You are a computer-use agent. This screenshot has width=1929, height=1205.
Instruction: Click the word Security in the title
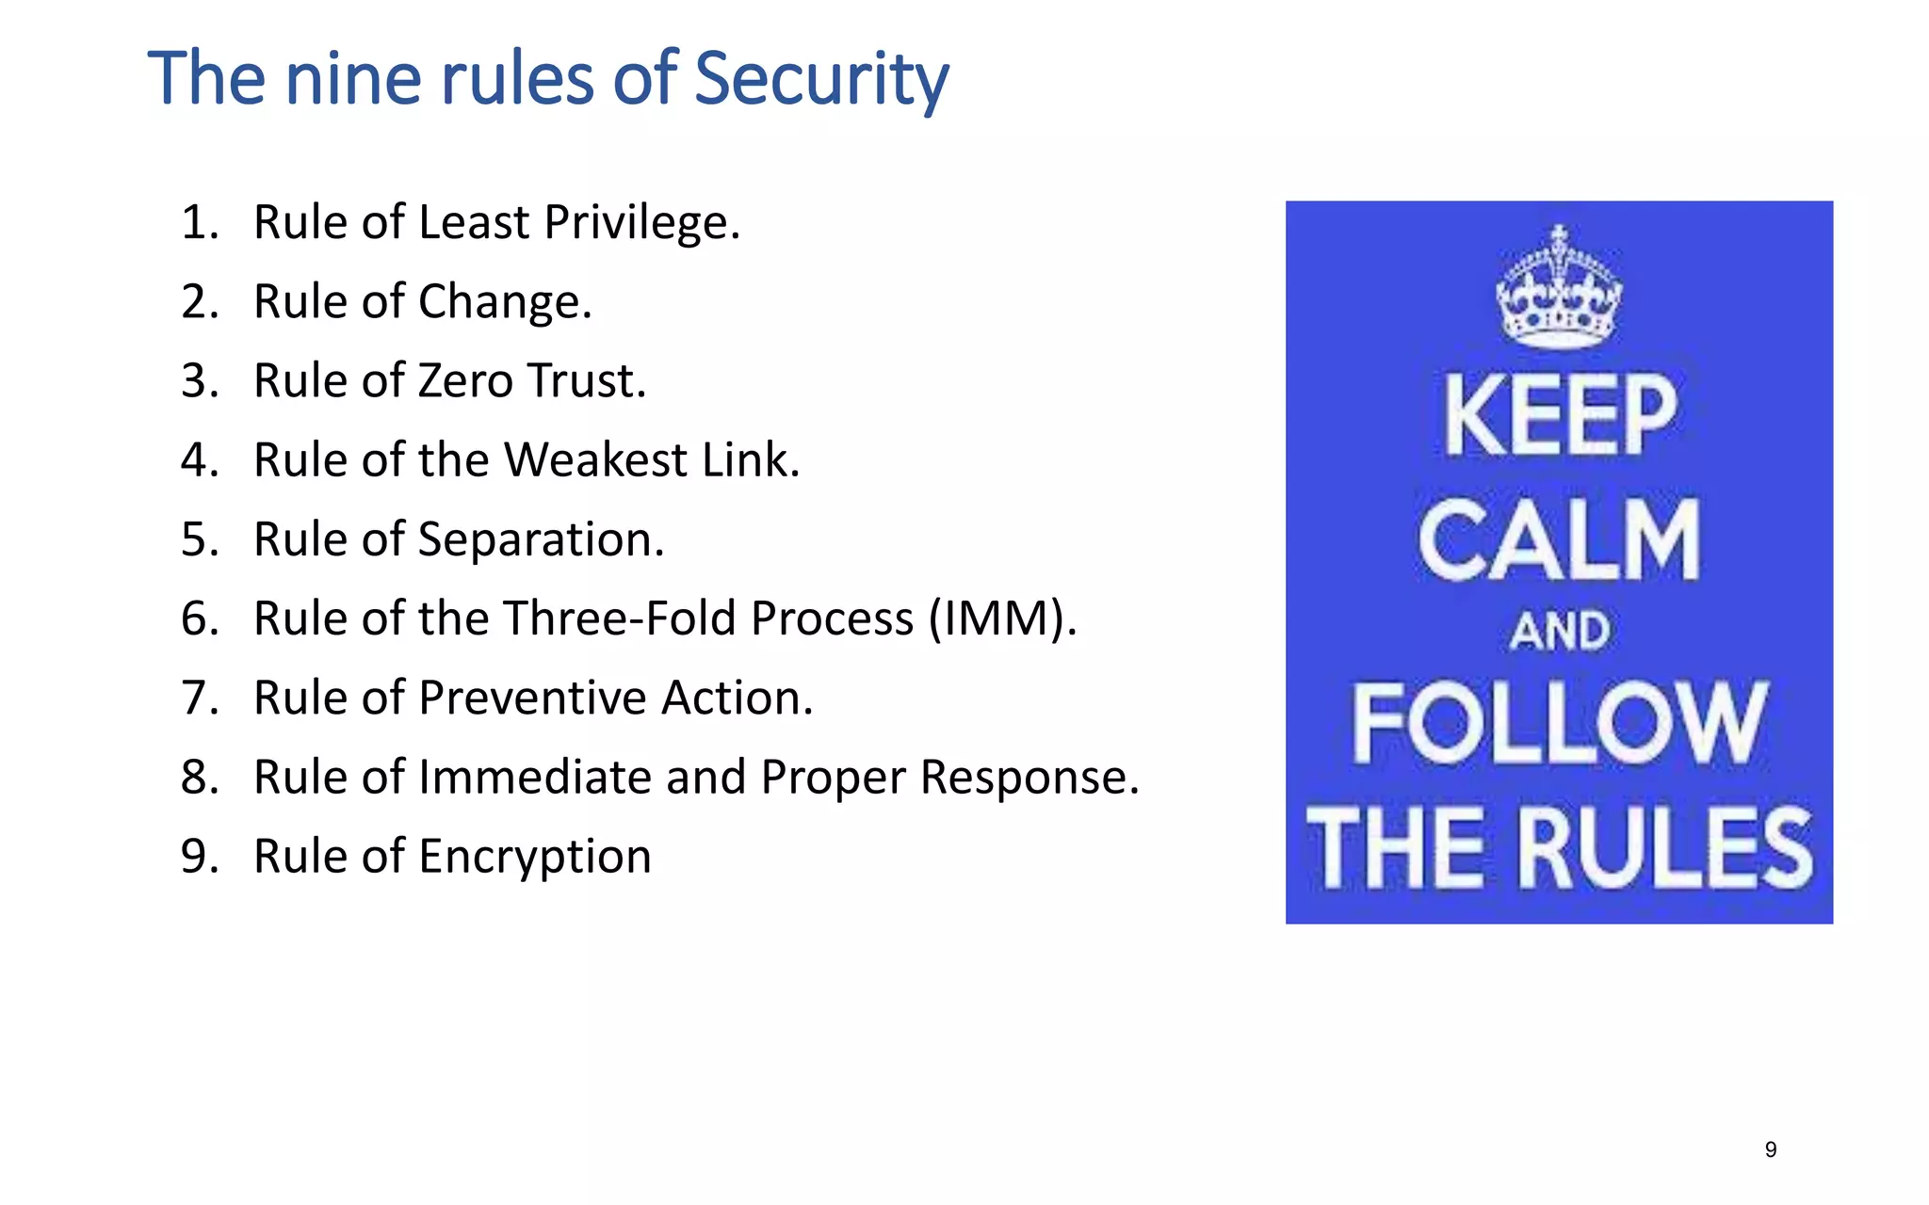tap(821, 79)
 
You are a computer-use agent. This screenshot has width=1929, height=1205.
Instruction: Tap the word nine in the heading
tap(353, 79)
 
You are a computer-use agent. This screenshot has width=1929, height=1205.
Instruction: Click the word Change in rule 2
tap(504, 303)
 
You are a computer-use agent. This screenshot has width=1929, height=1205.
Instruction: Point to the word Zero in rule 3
tap(466, 382)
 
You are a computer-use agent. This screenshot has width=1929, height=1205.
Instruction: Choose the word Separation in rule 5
tap(541, 540)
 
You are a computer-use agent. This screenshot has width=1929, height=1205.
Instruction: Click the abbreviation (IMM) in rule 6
tap(1002, 619)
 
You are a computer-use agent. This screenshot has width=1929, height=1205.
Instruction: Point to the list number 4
tap(199, 461)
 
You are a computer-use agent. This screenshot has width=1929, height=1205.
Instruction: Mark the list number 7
tap(199, 699)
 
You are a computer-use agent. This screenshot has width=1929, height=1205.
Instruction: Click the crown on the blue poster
tap(1559, 287)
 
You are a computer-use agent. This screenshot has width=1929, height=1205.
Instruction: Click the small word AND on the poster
tap(1560, 631)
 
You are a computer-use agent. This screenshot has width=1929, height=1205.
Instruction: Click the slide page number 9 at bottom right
tap(1771, 1149)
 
